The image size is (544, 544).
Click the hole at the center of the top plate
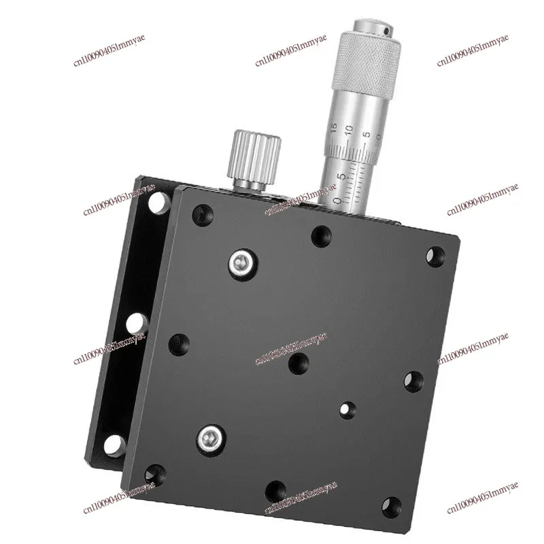coord(295,364)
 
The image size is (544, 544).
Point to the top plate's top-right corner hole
coord(432,256)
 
